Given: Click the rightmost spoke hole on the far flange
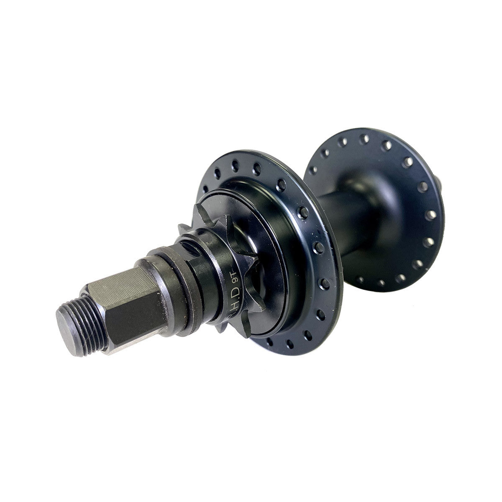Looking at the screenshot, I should click(x=432, y=214).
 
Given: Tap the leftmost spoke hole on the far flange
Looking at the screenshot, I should click(x=310, y=170).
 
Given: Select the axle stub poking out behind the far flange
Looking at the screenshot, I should click(x=440, y=184).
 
